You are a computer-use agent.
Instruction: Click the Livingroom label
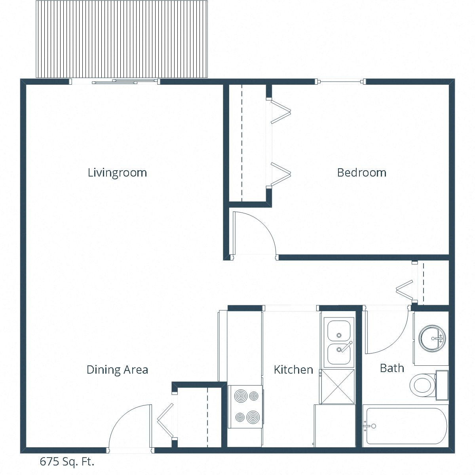(x=117, y=173)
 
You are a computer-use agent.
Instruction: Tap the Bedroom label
(x=361, y=173)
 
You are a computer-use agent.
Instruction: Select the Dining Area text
(x=117, y=370)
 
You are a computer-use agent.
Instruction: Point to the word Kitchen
(x=293, y=370)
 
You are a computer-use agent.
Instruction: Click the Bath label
(x=392, y=368)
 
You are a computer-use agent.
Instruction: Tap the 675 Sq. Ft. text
(x=67, y=462)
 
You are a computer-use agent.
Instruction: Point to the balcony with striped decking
(x=122, y=39)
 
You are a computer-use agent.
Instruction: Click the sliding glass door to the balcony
(x=115, y=82)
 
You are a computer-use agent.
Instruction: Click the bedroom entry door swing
(x=253, y=234)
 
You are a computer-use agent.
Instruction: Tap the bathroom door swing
(x=386, y=332)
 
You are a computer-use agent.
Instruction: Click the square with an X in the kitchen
(x=338, y=387)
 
